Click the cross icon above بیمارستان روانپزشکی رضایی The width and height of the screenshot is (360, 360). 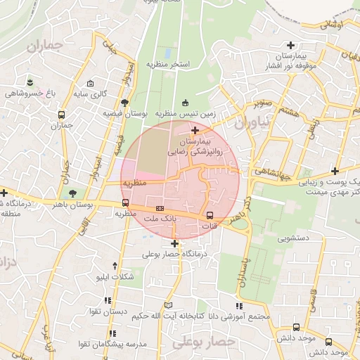pos(195,130)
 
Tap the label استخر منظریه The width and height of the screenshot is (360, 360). pos(168,64)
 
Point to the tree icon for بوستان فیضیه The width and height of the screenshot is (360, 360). pos(124,103)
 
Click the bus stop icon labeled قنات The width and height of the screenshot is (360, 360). pos(210,215)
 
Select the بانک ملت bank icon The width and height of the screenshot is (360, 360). pos(160,209)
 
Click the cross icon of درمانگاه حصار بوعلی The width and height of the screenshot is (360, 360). pos(174,244)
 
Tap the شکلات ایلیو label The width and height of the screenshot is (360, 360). pos(115,277)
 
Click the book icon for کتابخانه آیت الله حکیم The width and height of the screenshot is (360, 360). pos(167,304)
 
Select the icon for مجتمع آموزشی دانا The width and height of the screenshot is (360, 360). pos(239,306)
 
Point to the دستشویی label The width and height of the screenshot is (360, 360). pos(294,239)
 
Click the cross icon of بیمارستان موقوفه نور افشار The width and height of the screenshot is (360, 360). pos(290,45)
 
